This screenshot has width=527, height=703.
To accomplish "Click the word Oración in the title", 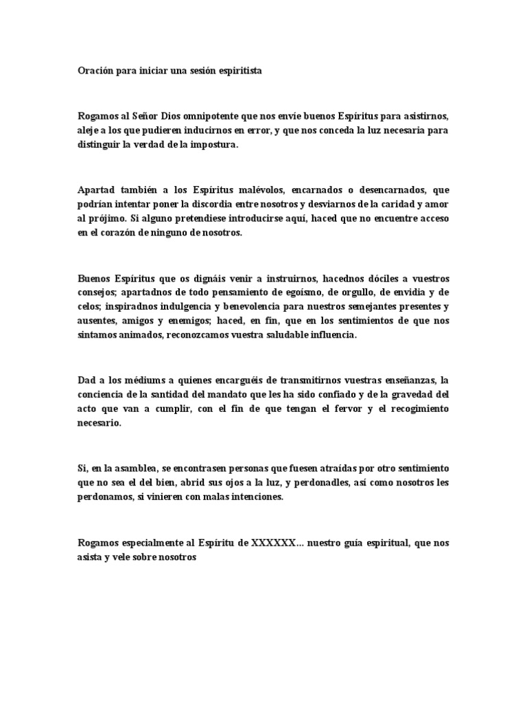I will pyautogui.click(x=95, y=70).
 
